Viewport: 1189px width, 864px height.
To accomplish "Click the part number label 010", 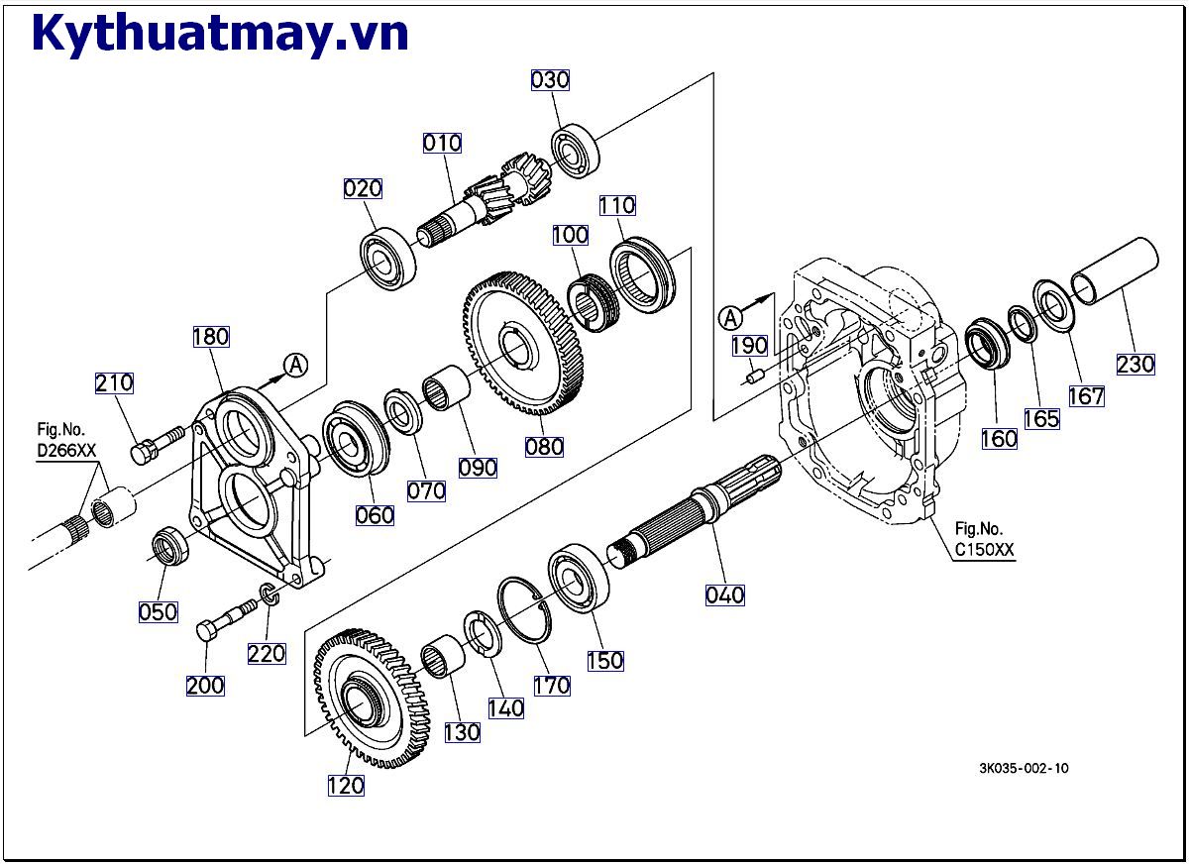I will [442, 143].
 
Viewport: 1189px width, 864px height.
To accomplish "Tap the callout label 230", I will [1135, 364].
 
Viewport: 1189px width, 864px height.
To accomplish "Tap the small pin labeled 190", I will [754, 376].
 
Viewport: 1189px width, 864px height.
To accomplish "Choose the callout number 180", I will [211, 337].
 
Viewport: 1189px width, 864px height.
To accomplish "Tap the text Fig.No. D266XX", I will [66, 440].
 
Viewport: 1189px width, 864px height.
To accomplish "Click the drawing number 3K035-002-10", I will [1024, 768].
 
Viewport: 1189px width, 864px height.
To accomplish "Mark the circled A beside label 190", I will [730, 318].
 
